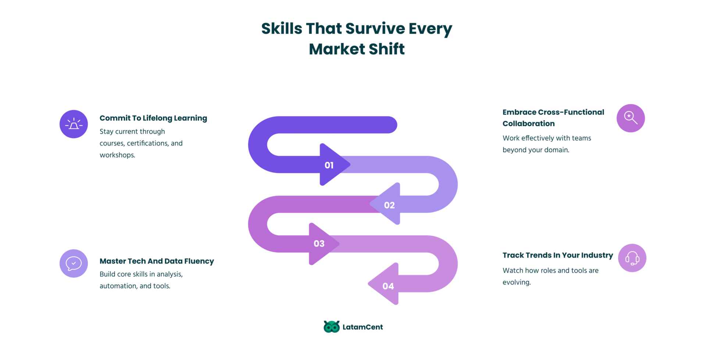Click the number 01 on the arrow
point(329,165)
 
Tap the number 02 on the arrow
point(389,205)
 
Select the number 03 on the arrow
point(319,243)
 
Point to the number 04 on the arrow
point(388,286)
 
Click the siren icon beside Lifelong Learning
point(74,124)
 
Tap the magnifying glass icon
point(631,118)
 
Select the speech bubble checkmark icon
point(74,263)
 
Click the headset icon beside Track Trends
point(632,258)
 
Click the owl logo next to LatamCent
point(332,327)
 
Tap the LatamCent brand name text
point(363,327)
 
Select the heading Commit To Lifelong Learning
point(153,118)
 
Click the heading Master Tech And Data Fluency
point(157,261)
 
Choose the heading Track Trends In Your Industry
point(558,255)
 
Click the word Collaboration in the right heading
point(529,124)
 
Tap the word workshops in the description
point(117,155)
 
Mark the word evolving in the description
point(517,282)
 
